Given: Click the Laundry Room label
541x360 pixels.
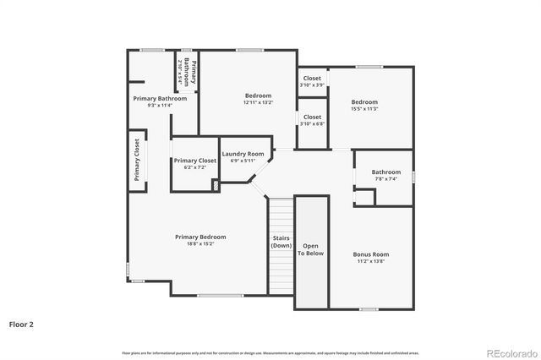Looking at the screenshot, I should tap(243, 154).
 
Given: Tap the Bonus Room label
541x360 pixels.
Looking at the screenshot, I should tap(370, 254).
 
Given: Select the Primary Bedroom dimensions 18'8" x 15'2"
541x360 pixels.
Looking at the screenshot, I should tap(200, 244).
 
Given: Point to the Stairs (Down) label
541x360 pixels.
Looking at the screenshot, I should tap(281, 242).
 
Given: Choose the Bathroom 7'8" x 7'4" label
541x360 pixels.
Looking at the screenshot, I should tap(386, 172).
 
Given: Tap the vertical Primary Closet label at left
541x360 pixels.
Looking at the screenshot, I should tap(137, 160).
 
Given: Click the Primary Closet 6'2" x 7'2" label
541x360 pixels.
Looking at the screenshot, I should tap(195, 161).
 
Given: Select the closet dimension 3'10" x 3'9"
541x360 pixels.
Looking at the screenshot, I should tap(312, 85).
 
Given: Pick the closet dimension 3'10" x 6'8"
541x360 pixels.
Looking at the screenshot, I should tap(312, 124).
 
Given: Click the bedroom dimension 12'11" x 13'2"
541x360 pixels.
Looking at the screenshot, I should tap(258, 103).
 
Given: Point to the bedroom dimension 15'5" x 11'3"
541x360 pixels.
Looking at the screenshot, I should tap(364, 108).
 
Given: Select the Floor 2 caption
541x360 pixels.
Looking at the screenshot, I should tap(21, 324).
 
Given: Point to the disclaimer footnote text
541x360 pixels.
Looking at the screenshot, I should tap(270, 352).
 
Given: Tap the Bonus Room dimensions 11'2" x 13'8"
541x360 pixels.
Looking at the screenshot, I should tap(370, 261).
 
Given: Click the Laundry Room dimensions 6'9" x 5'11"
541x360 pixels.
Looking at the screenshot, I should tap(243, 161).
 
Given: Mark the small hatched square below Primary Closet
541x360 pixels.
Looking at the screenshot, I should tap(216, 185).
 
